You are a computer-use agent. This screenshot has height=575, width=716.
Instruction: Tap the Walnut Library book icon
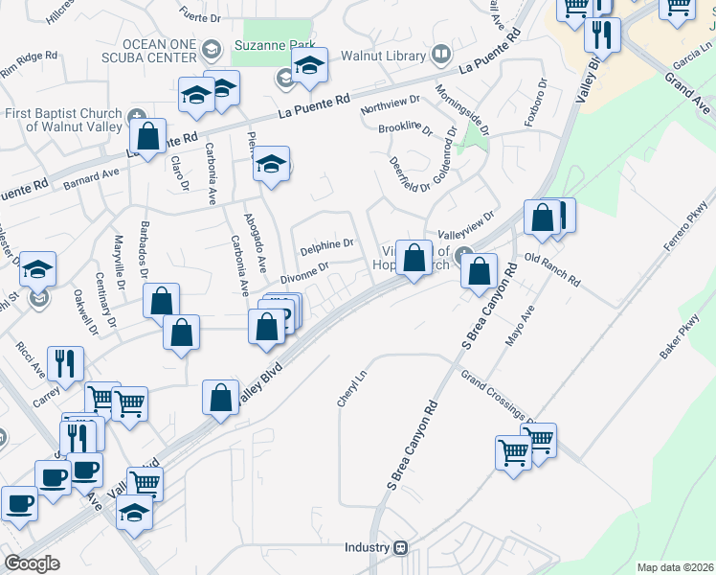click(441, 55)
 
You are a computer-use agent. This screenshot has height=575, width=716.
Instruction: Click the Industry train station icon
click(400, 548)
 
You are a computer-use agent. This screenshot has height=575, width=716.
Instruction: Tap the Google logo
click(33, 563)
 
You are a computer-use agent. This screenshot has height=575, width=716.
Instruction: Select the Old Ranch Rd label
click(553, 270)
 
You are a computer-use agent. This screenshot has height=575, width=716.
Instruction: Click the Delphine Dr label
click(327, 244)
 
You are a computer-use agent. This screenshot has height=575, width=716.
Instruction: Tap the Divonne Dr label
click(304, 272)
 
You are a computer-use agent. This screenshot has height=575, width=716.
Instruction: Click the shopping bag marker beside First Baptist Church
click(147, 135)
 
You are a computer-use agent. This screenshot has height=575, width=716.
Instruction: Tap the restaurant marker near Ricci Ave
click(65, 362)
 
